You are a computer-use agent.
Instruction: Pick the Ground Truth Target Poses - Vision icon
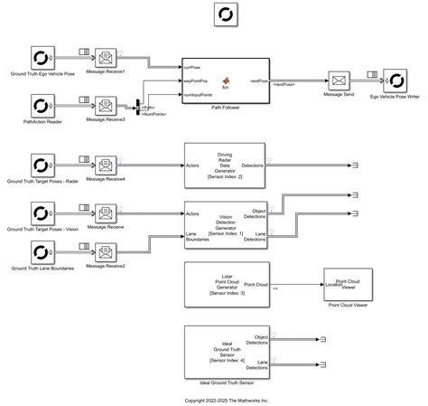click(x=42, y=213)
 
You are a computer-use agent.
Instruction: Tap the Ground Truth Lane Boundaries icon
click(x=42, y=252)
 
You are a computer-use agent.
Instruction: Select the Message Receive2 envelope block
click(x=107, y=252)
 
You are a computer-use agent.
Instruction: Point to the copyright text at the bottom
click(x=225, y=399)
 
